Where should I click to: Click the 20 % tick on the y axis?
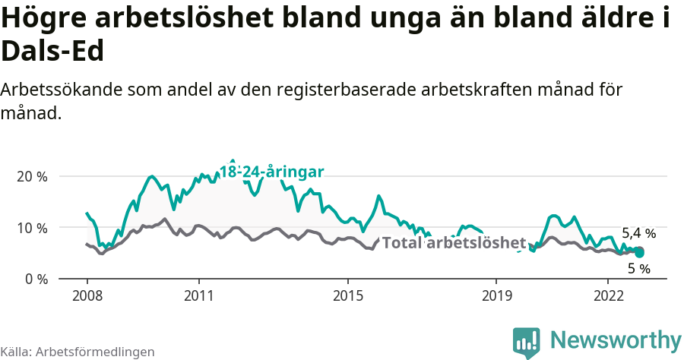pyautogui.click(x=32, y=176)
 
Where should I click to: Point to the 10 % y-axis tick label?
pyautogui.click(x=32, y=228)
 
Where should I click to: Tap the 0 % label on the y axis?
pyautogui.click(x=36, y=279)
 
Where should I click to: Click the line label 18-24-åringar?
pyautogui.click(x=272, y=172)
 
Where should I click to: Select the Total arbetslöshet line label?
pyautogui.click(x=454, y=243)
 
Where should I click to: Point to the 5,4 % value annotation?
pyautogui.click(x=638, y=233)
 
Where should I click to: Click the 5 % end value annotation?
pyautogui.click(x=638, y=269)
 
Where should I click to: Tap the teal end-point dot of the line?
pyautogui.click(x=639, y=252)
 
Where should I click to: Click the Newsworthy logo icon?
pyautogui.click(x=527, y=343)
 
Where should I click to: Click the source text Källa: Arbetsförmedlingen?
pyautogui.click(x=78, y=352)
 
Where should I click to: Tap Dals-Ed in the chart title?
pyautogui.click(x=52, y=51)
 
